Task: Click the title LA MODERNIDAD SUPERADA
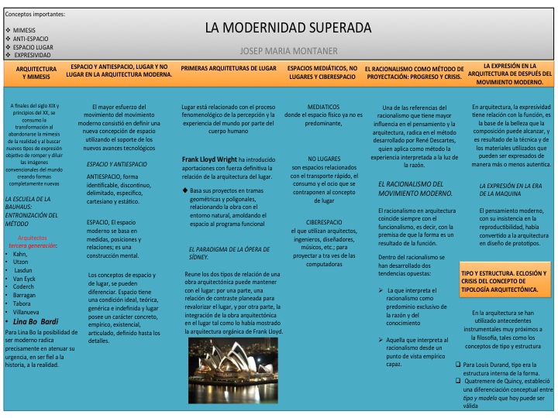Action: pyautogui.click(x=288, y=28)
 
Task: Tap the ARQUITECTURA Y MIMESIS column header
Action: pyautogui.click(x=31, y=73)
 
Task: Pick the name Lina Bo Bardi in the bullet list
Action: pyautogui.click(x=36, y=300)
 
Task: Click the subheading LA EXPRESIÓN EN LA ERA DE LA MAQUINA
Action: pyautogui.click(x=512, y=190)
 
